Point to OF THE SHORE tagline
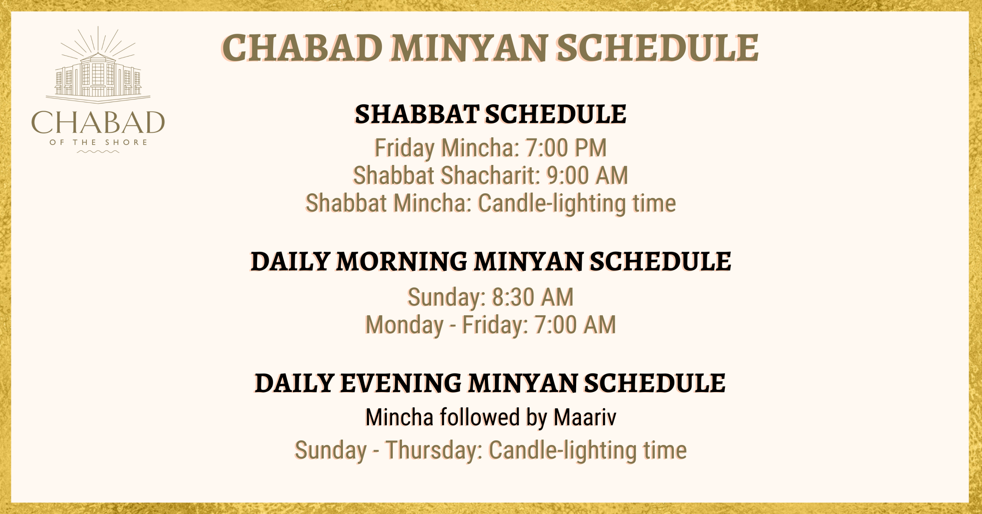[x=98, y=143]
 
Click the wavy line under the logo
[x=98, y=152]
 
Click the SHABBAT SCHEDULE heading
[x=491, y=114]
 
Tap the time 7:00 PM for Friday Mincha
[x=566, y=148]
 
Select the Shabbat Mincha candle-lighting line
[x=491, y=203]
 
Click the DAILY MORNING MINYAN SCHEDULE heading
[x=491, y=262]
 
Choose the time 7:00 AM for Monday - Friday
[x=575, y=325]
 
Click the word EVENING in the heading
[x=400, y=383]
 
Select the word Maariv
[x=585, y=417]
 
